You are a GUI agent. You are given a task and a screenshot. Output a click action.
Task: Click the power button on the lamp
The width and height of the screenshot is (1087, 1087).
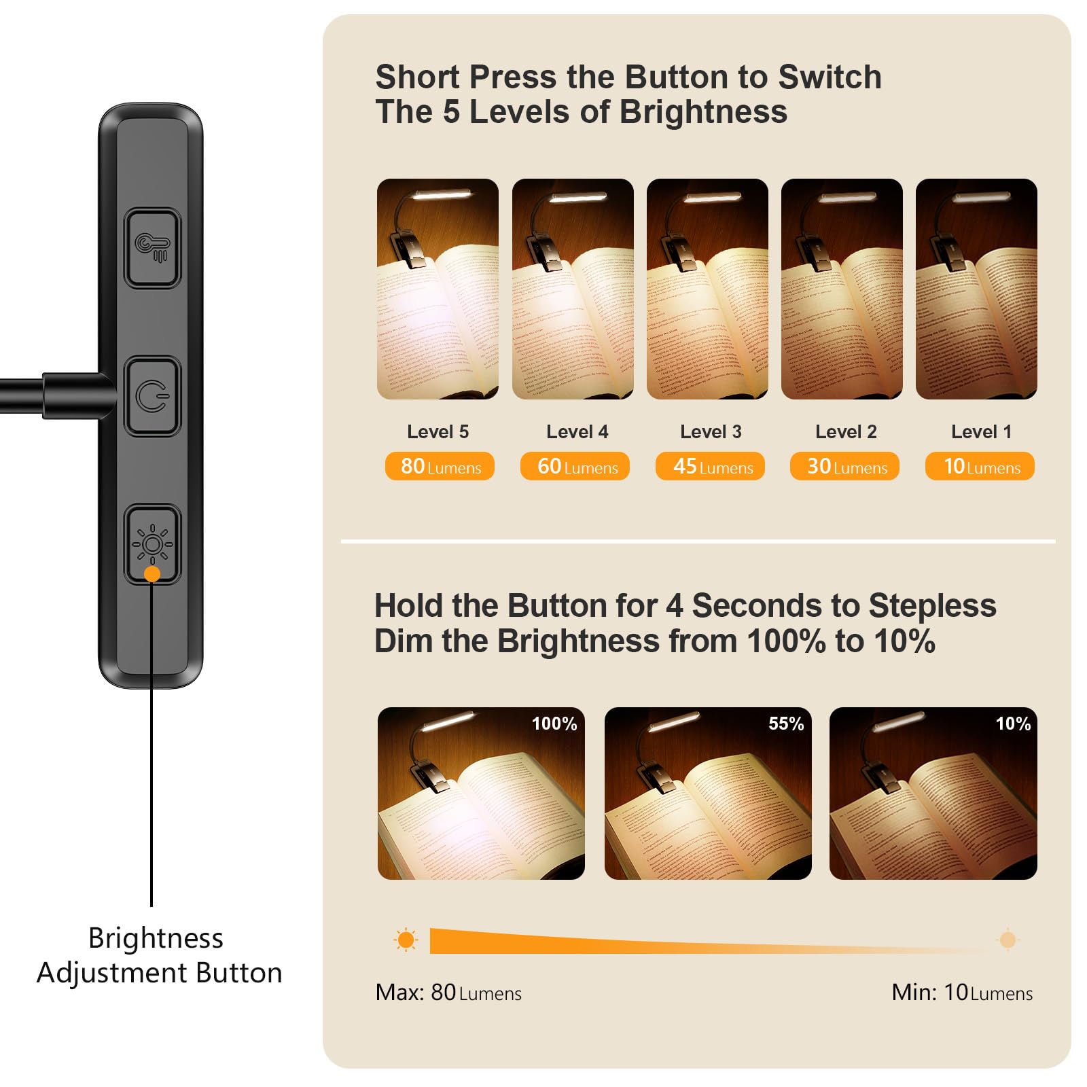[152, 397]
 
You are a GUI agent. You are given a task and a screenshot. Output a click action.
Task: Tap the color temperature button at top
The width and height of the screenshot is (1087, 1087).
[152, 248]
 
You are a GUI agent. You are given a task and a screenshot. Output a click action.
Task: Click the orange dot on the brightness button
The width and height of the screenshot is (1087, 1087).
[152, 574]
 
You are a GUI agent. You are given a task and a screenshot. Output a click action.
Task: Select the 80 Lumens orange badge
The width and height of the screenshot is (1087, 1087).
[440, 467]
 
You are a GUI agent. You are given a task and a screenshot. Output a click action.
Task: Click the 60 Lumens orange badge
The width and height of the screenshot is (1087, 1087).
[575, 467]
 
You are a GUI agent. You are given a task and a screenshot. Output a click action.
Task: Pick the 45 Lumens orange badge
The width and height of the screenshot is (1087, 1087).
[710, 467]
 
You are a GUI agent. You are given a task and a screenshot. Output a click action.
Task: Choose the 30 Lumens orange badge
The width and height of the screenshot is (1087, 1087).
[844, 467]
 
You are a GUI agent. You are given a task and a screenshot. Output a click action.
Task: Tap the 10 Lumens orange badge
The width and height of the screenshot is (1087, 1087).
[980, 467]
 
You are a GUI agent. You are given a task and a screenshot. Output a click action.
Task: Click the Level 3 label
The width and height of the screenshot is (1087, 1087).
[711, 432]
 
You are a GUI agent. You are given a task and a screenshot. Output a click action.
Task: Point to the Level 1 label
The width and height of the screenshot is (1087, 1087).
[981, 432]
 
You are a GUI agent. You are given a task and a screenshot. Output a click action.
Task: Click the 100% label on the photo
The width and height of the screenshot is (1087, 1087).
[554, 724]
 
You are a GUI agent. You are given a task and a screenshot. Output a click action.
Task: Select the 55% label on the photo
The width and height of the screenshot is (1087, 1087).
[786, 724]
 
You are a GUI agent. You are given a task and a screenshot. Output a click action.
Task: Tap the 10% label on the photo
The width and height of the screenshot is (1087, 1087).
[1013, 724]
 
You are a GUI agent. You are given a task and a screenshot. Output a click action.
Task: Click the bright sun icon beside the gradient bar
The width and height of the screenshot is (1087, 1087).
[406, 940]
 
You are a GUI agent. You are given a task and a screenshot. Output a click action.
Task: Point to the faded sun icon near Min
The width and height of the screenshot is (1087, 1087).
[1008, 940]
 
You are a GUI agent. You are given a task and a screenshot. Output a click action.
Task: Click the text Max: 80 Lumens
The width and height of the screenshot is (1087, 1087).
[448, 993]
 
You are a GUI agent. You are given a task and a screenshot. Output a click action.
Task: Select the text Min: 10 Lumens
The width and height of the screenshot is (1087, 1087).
[962, 993]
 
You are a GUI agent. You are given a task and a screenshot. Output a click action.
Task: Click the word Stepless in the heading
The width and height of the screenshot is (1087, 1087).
[932, 605]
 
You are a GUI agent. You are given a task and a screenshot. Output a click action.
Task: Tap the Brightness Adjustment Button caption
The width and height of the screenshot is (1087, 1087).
[159, 955]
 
